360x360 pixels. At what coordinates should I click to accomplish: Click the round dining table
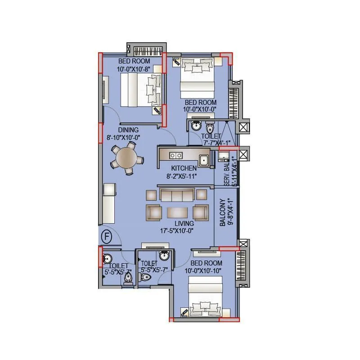pyautogui.click(x=126, y=157)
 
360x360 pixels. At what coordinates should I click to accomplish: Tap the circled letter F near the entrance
pyautogui.click(x=107, y=236)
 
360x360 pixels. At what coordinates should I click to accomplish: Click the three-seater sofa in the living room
pyautogui.click(x=177, y=195)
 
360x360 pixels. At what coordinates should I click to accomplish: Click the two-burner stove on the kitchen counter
pyautogui.click(x=175, y=156)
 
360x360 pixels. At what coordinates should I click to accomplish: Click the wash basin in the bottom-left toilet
pyautogui.click(x=107, y=259)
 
